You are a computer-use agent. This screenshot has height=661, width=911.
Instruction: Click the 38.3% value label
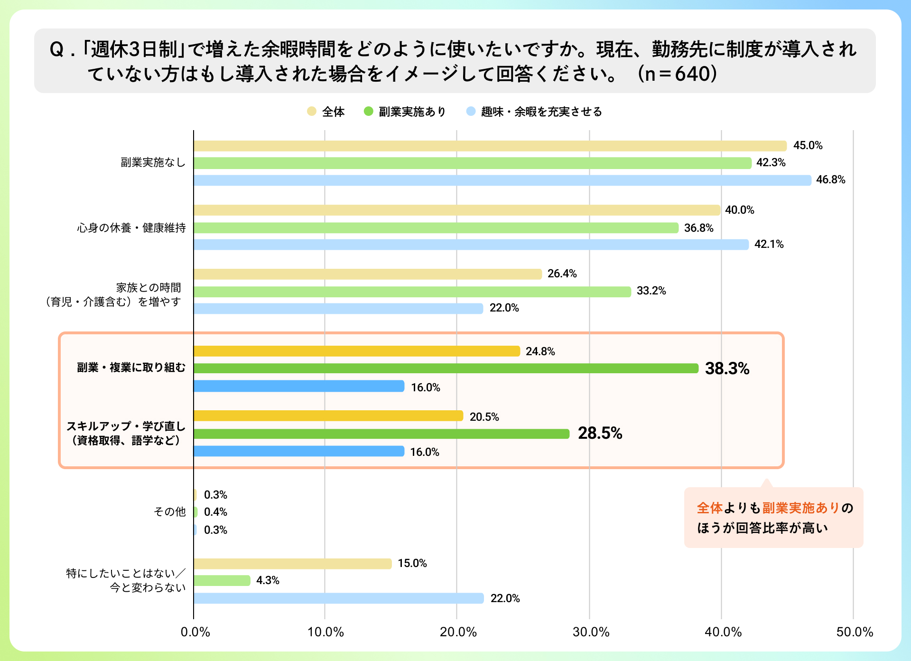pos(727,368)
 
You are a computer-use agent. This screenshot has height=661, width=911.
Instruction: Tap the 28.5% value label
pos(600,433)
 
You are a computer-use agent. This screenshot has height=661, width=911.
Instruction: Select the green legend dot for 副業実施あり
pos(368,112)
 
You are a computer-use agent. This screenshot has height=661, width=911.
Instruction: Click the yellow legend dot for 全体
pos(311,112)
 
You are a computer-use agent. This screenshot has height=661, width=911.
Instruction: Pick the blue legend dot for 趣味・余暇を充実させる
pos(471,112)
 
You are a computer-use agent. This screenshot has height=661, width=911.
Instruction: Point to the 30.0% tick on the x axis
pos(591,632)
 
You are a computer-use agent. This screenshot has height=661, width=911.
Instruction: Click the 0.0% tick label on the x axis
pos(195,632)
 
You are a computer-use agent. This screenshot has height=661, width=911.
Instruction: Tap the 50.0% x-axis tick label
pos(855,632)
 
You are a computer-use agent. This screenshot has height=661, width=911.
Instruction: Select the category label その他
pos(169,511)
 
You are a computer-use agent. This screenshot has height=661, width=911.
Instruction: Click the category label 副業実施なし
pos(153,162)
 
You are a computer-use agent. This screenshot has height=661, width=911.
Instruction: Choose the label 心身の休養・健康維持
pos(131,228)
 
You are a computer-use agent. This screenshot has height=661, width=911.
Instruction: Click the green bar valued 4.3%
pos(222,580)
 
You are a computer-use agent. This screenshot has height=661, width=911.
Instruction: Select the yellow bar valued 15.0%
pos(292,564)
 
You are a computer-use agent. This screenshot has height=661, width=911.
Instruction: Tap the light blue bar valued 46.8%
pos(502,180)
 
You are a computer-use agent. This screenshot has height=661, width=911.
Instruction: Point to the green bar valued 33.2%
pos(412,292)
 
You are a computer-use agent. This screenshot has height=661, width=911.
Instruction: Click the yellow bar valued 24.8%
pos(357,351)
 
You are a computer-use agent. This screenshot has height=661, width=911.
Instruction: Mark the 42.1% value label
pos(769,245)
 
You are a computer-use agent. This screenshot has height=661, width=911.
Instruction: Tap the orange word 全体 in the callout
pos(709,508)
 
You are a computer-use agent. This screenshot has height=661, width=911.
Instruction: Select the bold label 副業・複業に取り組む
pos(131,368)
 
